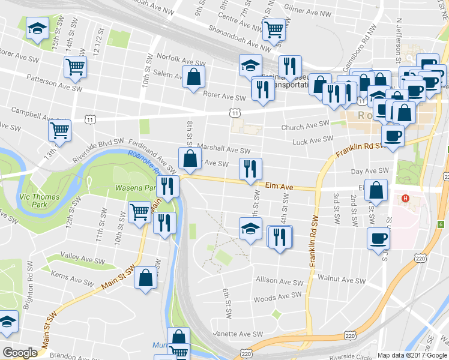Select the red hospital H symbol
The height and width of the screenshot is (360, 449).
coord(406,199)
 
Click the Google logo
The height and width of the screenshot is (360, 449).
coord(20,353)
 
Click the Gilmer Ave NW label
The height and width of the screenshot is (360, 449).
coord(309,10)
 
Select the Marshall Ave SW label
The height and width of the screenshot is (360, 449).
coord(226,151)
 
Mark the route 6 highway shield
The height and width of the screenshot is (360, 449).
coord(441,224)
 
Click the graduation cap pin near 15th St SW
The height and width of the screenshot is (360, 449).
coord(37,28)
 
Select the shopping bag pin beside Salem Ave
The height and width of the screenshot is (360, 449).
coord(193,77)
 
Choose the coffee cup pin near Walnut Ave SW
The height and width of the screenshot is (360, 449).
coord(378,238)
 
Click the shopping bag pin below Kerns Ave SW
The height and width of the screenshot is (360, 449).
coord(146,278)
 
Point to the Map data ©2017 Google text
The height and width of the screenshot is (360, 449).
coord(412,355)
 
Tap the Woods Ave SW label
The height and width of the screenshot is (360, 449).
coord(277,296)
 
